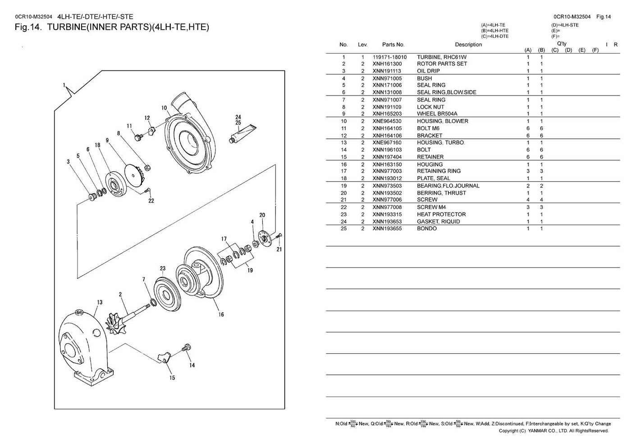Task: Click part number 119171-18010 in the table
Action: pos(389,57)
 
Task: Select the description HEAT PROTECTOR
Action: pos(441,214)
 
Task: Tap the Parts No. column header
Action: pos(393,45)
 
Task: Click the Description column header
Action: pos(468,45)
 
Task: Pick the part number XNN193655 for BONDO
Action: pos(387,228)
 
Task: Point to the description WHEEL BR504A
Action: pos(437,114)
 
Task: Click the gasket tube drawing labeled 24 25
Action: pos(241,133)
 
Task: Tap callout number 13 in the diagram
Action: pos(100,302)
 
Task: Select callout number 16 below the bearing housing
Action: pos(221,314)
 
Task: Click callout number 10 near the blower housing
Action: pos(164,108)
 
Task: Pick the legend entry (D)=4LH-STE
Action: pos(564,25)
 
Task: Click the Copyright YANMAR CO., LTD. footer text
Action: pos(553,431)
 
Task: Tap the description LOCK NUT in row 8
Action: pos(430,107)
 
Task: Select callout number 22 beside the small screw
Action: pos(151,201)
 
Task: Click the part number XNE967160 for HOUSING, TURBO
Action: pos(387,143)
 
